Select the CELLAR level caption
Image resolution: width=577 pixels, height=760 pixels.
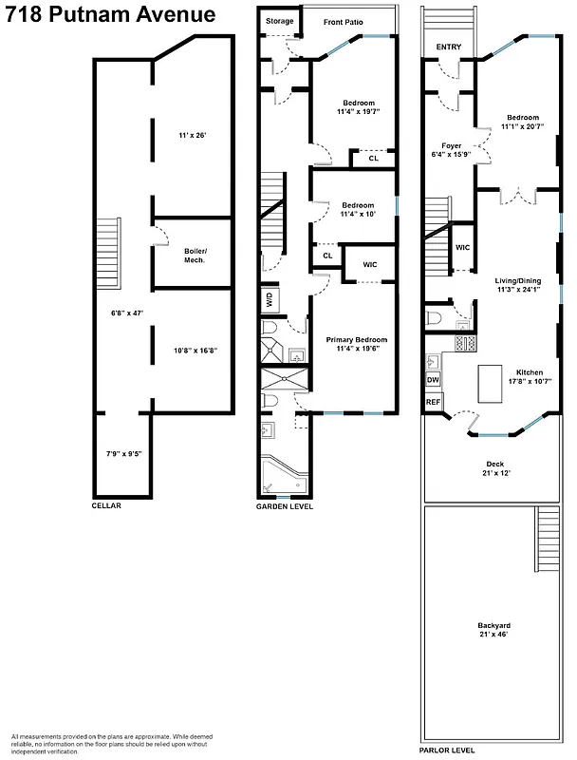click(x=106, y=505)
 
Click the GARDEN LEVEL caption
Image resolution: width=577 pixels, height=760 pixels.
click(x=285, y=506)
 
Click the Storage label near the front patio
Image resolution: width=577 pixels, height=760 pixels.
click(x=279, y=21)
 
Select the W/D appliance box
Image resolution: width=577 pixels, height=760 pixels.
click(x=270, y=299)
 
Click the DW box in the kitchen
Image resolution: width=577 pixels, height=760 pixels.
click(x=433, y=380)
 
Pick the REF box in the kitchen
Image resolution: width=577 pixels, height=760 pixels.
click(x=433, y=402)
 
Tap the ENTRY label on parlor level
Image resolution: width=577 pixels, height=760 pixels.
click(x=449, y=47)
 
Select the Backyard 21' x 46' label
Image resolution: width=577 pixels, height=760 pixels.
click(x=493, y=629)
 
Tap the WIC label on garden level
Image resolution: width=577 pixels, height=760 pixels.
click(x=370, y=264)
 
